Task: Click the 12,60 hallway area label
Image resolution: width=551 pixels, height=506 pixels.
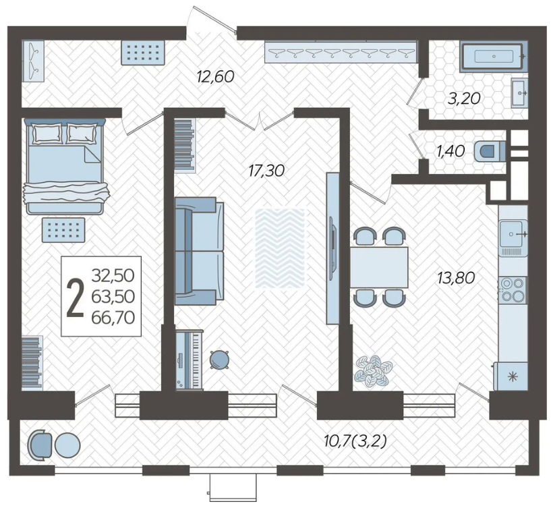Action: (x=215, y=76)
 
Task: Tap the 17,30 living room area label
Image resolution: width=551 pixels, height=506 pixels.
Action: (x=266, y=171)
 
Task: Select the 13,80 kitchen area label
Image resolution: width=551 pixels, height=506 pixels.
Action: (x=456, y=278)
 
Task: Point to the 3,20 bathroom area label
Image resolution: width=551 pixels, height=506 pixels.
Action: (x=464, y=99)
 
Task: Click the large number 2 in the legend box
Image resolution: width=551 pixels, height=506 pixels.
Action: (x=76, y=298)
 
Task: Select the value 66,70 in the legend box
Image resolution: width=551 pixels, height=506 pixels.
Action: (x=113, y=318)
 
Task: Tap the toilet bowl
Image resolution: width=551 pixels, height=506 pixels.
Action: (x=490, y=152)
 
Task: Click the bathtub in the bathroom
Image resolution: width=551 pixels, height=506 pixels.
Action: (x=494, y=56)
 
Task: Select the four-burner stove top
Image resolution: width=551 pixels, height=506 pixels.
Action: (x=513, y=289)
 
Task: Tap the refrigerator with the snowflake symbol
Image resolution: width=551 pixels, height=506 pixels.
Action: (x=511, y=376)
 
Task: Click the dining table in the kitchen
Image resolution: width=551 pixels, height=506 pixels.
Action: (x=379, y=267)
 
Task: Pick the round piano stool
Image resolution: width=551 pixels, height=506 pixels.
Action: (x=219, y=360)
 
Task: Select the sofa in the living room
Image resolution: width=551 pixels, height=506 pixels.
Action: (x=199, y=251)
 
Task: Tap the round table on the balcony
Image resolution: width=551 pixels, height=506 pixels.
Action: (x=68, y=445)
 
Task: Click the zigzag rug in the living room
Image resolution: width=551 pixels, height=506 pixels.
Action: (x=280, y=248)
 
